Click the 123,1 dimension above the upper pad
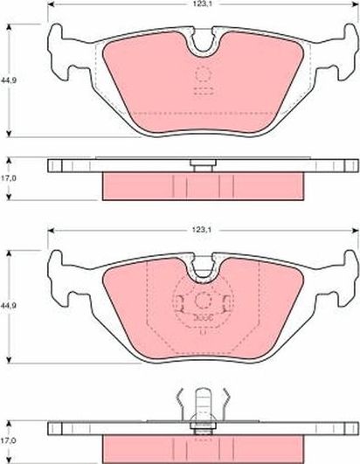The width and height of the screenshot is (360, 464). click(204, 6)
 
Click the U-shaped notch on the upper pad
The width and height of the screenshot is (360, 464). click(204, 40)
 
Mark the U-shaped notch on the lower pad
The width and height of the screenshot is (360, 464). click(204, 267)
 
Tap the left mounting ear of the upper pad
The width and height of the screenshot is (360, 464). click(61, 38)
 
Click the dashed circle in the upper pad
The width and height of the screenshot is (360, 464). click(204, 74)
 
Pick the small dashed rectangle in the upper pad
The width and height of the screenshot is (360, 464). click(204, 91)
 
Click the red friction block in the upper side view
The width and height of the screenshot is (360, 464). click(204, 186)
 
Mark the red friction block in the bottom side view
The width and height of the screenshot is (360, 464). click(204, 447)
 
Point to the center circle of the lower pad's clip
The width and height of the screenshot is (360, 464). click(204, 303)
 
